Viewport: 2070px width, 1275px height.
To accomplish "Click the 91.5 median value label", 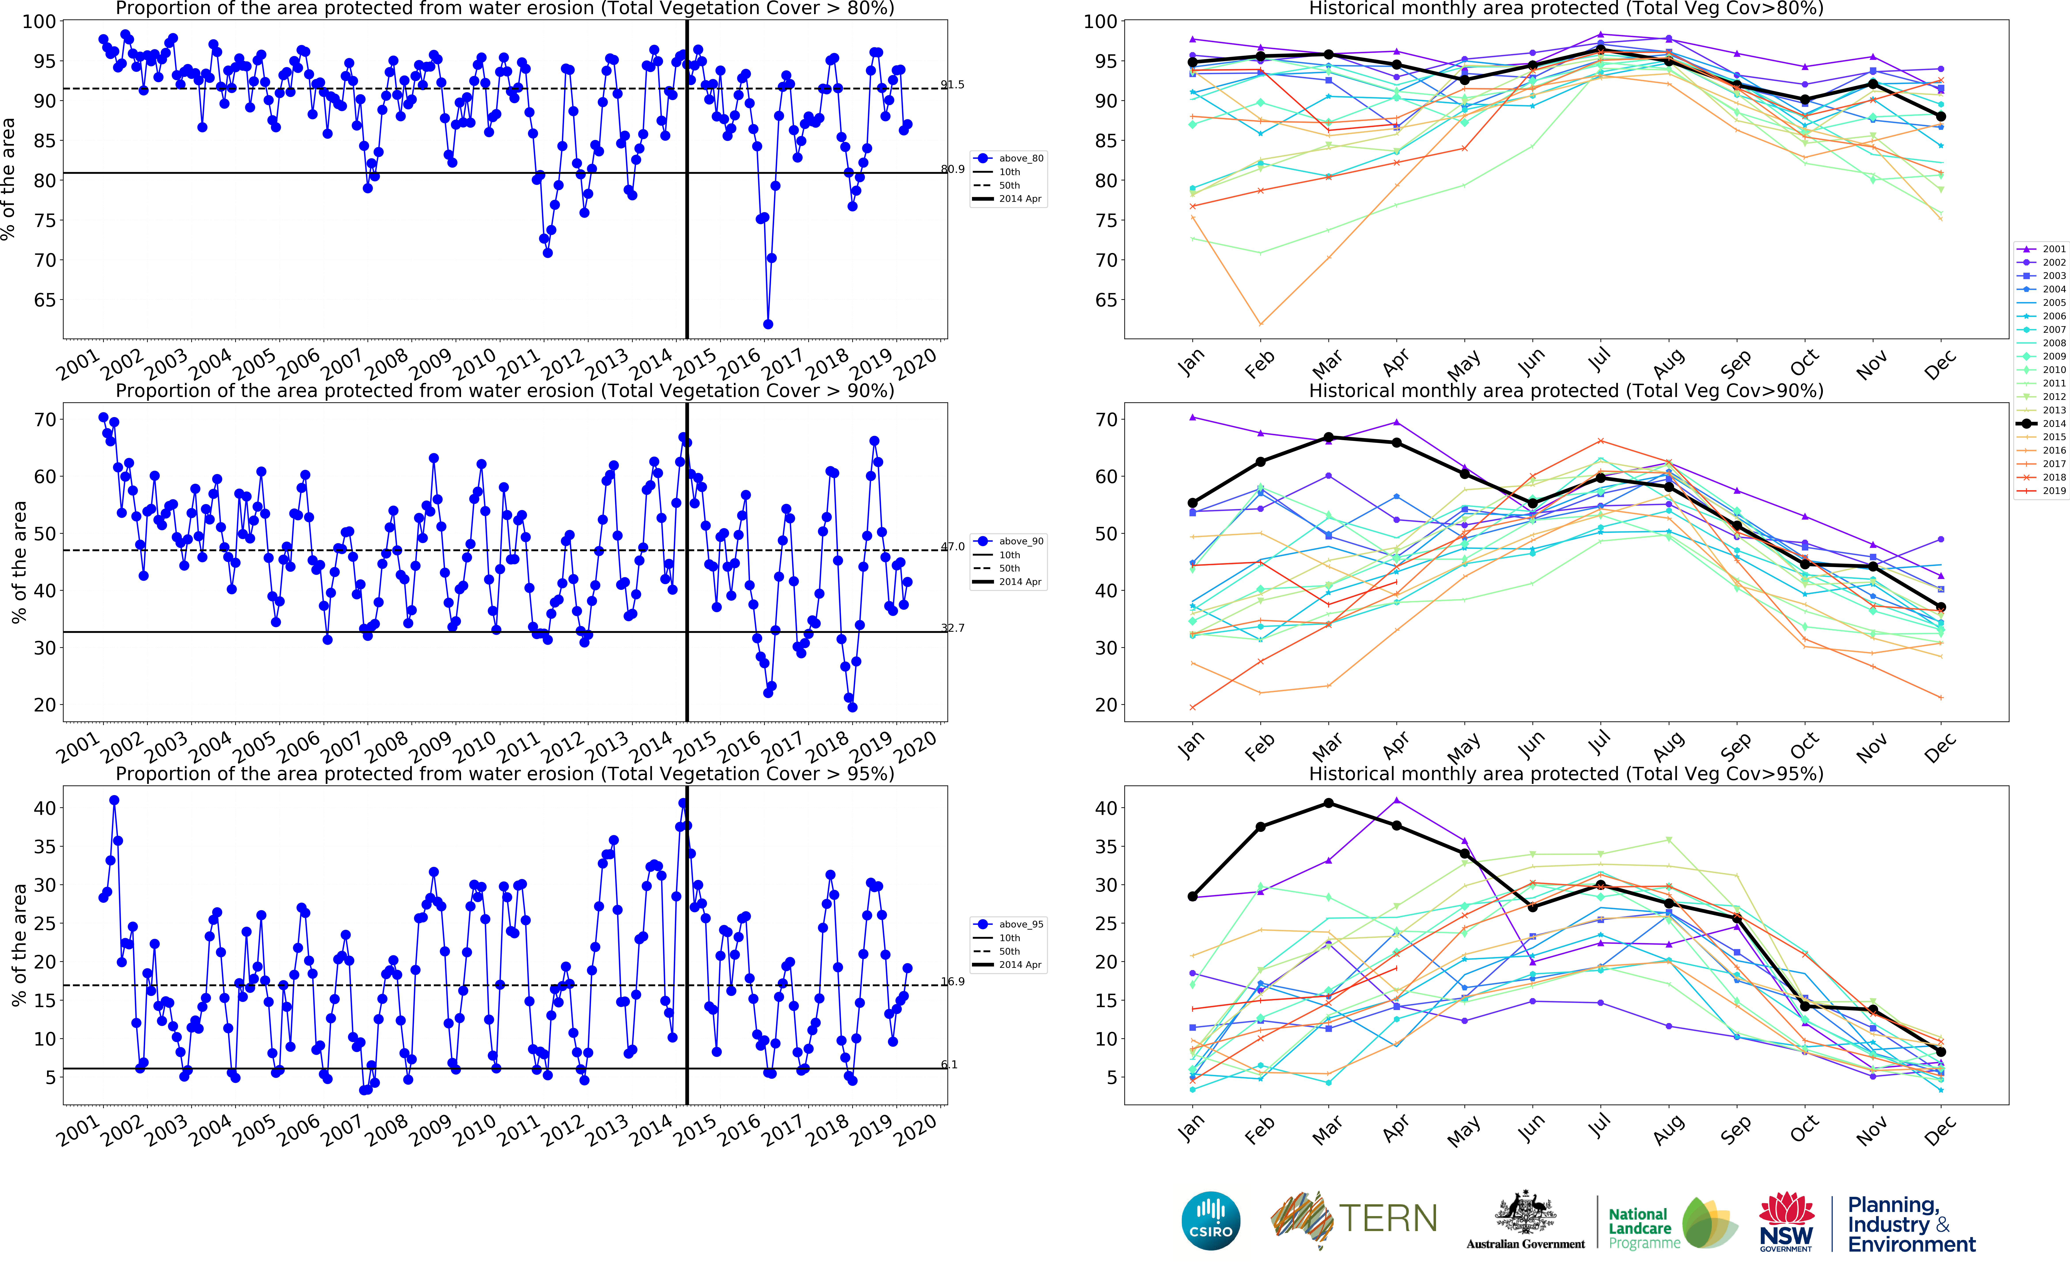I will [953, 84].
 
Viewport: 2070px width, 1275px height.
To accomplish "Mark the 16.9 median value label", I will [953, 982].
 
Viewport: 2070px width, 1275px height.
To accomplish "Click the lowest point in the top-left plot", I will [767, 324].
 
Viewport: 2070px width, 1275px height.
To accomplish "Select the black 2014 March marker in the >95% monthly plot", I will [1329, 803].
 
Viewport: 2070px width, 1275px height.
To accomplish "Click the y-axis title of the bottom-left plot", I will [19, 944].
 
